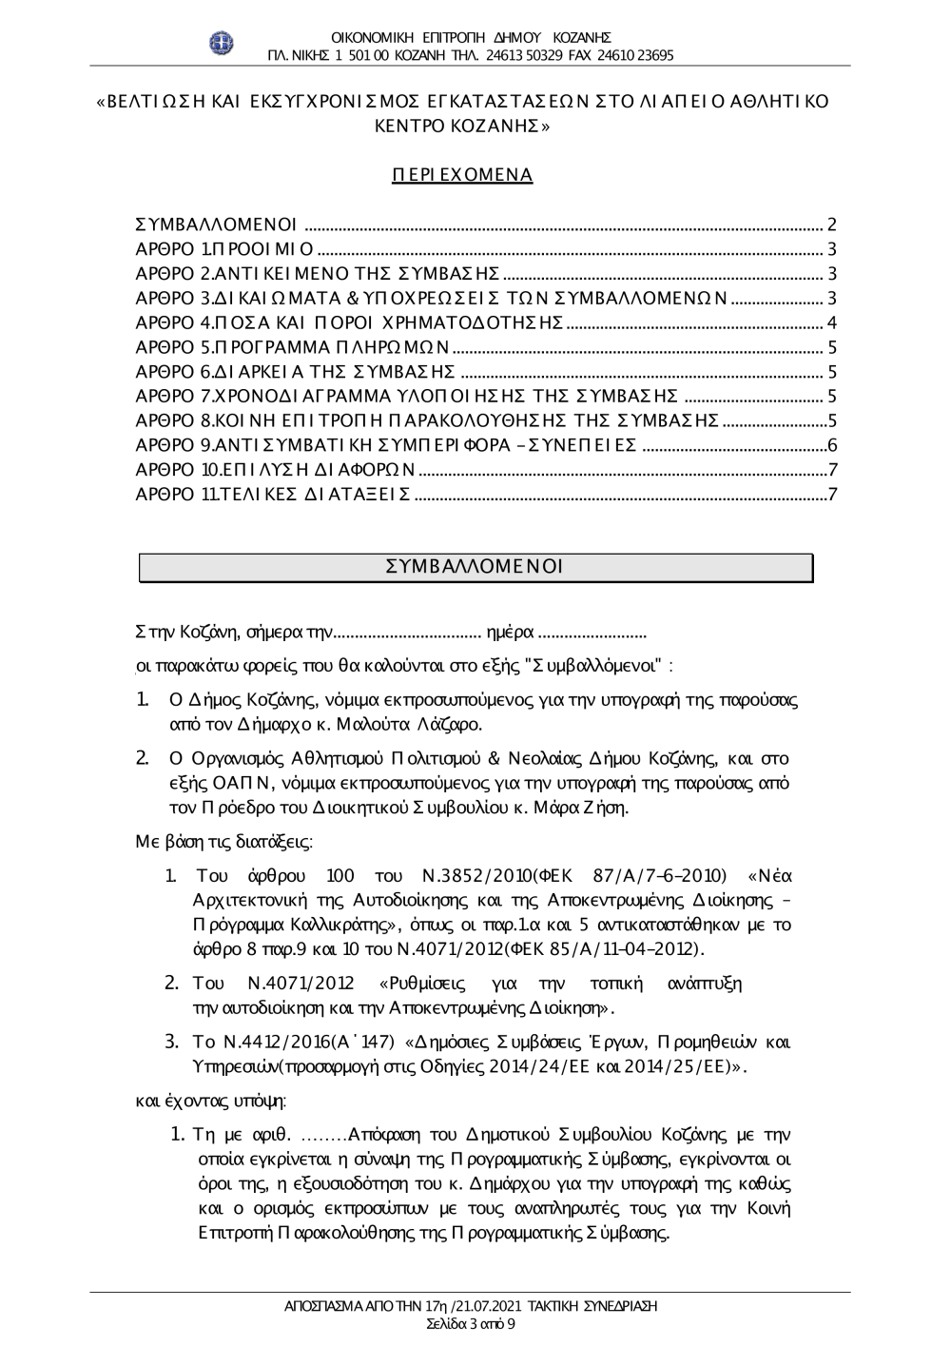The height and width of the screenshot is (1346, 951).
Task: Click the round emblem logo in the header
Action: tap(222, 44)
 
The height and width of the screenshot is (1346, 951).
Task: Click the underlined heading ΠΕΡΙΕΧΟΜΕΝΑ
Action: tap(462, 175)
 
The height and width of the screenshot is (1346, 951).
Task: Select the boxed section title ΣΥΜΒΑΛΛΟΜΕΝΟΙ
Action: tap(475, 567)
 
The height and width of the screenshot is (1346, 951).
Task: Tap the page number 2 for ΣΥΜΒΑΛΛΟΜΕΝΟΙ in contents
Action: tap(831, 225)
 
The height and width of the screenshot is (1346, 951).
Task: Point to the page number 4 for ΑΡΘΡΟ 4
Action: tap(831, 322)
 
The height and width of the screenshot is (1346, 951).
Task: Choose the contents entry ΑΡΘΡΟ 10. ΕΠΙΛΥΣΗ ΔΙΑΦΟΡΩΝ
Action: tap(276, 469)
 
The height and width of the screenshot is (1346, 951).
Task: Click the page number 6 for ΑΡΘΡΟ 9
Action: tap(831, 444)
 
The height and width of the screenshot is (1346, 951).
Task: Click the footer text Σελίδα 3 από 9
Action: tap(471, 1324)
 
